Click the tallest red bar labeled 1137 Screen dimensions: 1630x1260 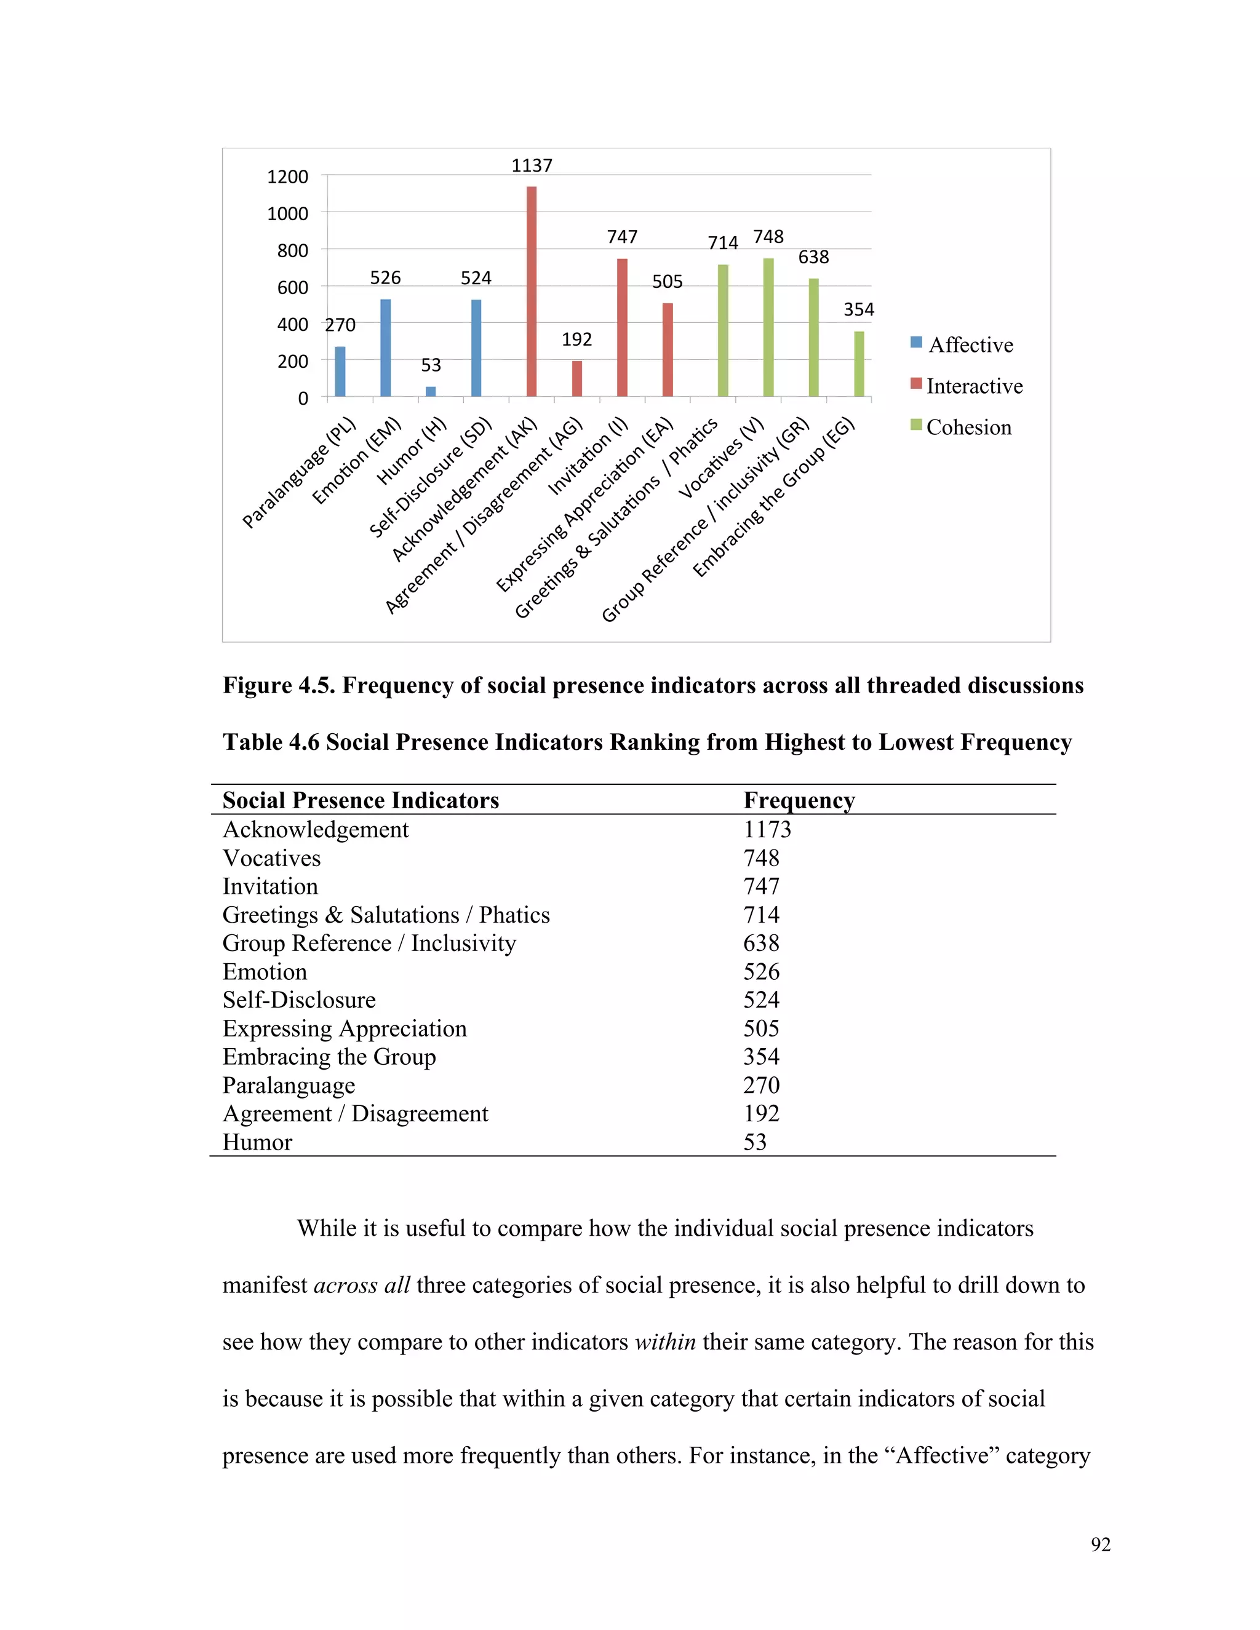click(x=532, y=291)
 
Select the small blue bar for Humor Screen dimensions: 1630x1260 click(x=431, y=391)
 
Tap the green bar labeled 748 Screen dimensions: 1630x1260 click(x=768, y=327)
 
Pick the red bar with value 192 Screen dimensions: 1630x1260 click(x=577, y=378)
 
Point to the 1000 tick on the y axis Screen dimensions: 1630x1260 click(x=287, y=214)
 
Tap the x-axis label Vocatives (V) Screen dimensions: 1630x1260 click(x=721, y=458)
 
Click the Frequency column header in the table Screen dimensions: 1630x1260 click(x=799, y=800)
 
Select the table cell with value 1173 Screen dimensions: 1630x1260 click(x=767, y=829)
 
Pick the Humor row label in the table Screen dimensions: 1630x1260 click(x=258, y=1142)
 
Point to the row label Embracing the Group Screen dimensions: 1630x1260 click(x=329, y=1057)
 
